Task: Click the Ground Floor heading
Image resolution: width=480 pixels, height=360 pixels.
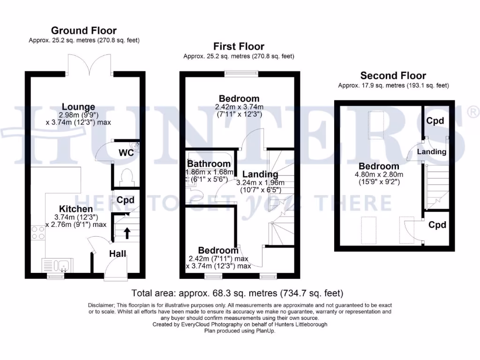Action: click(x=84, y=31)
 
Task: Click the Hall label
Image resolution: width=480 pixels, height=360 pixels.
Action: click(x=117, y=254)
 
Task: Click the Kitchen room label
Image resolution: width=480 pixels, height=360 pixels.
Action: click(x=75, y=209)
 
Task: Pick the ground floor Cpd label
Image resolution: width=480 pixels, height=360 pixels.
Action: click(x=126, y=200)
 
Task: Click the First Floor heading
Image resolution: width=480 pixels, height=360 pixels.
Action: click(x=239, y=46)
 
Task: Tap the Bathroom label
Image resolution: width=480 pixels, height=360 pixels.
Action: click(x=209, y=164)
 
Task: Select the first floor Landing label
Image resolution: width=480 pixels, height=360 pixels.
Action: click(x=260, y=174)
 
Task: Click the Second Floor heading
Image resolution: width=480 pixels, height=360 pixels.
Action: click(x=393, y=75)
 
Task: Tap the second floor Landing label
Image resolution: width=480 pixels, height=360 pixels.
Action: click(x=432, y=152)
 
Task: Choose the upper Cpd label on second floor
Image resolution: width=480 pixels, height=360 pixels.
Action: click(x=435, y=121)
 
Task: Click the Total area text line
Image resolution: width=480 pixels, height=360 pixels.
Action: click(x=237, y=293)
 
